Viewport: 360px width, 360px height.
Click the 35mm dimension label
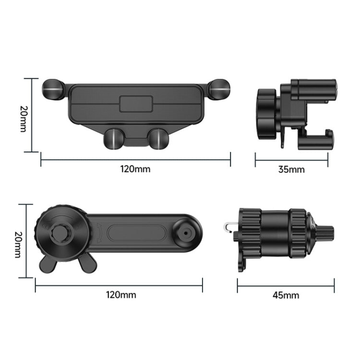pyautogui.click(x=291, y=169)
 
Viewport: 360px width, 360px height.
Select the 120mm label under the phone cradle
pyautogui.click(x=136, y=168)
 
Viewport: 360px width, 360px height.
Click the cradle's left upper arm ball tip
pyautogui.click(x=53, y=90)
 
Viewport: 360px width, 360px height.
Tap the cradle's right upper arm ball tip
pyautogui.click(x=219, y=89)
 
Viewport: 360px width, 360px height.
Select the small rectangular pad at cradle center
pyautogui.click(x=136, y=103)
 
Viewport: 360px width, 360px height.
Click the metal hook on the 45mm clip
pyautogui.click(x=229, y=226)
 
